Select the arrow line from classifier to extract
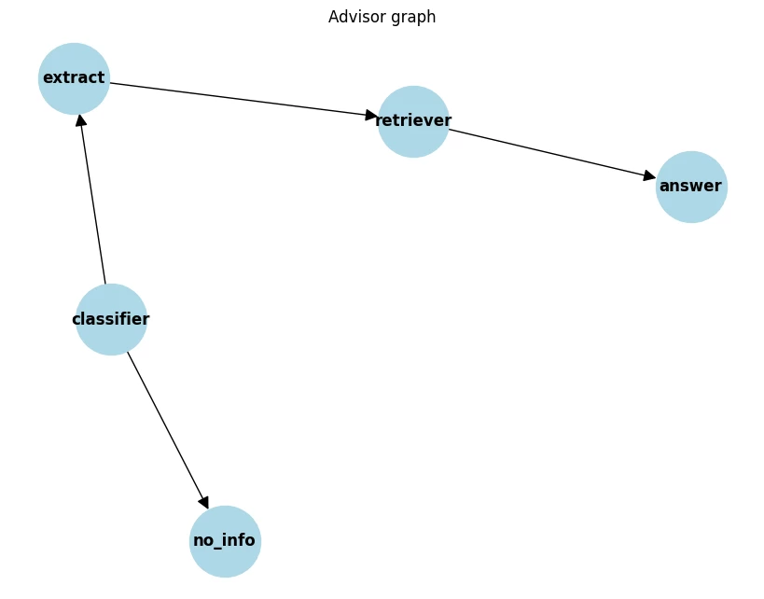point(93,201)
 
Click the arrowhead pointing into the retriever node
point(371,116)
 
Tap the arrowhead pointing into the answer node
point(649,176)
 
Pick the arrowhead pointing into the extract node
point(81,120)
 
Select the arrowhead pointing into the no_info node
point(203,502)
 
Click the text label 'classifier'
point(111,319)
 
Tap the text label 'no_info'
point(224,541)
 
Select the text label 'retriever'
point(413,120)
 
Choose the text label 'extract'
point(74,78)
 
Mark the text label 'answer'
point(690,186)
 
